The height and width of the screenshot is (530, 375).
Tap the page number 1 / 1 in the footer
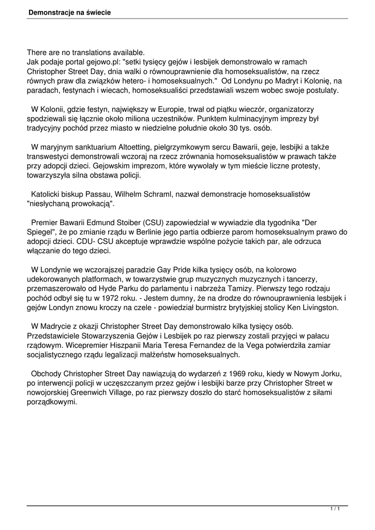(335, 510)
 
